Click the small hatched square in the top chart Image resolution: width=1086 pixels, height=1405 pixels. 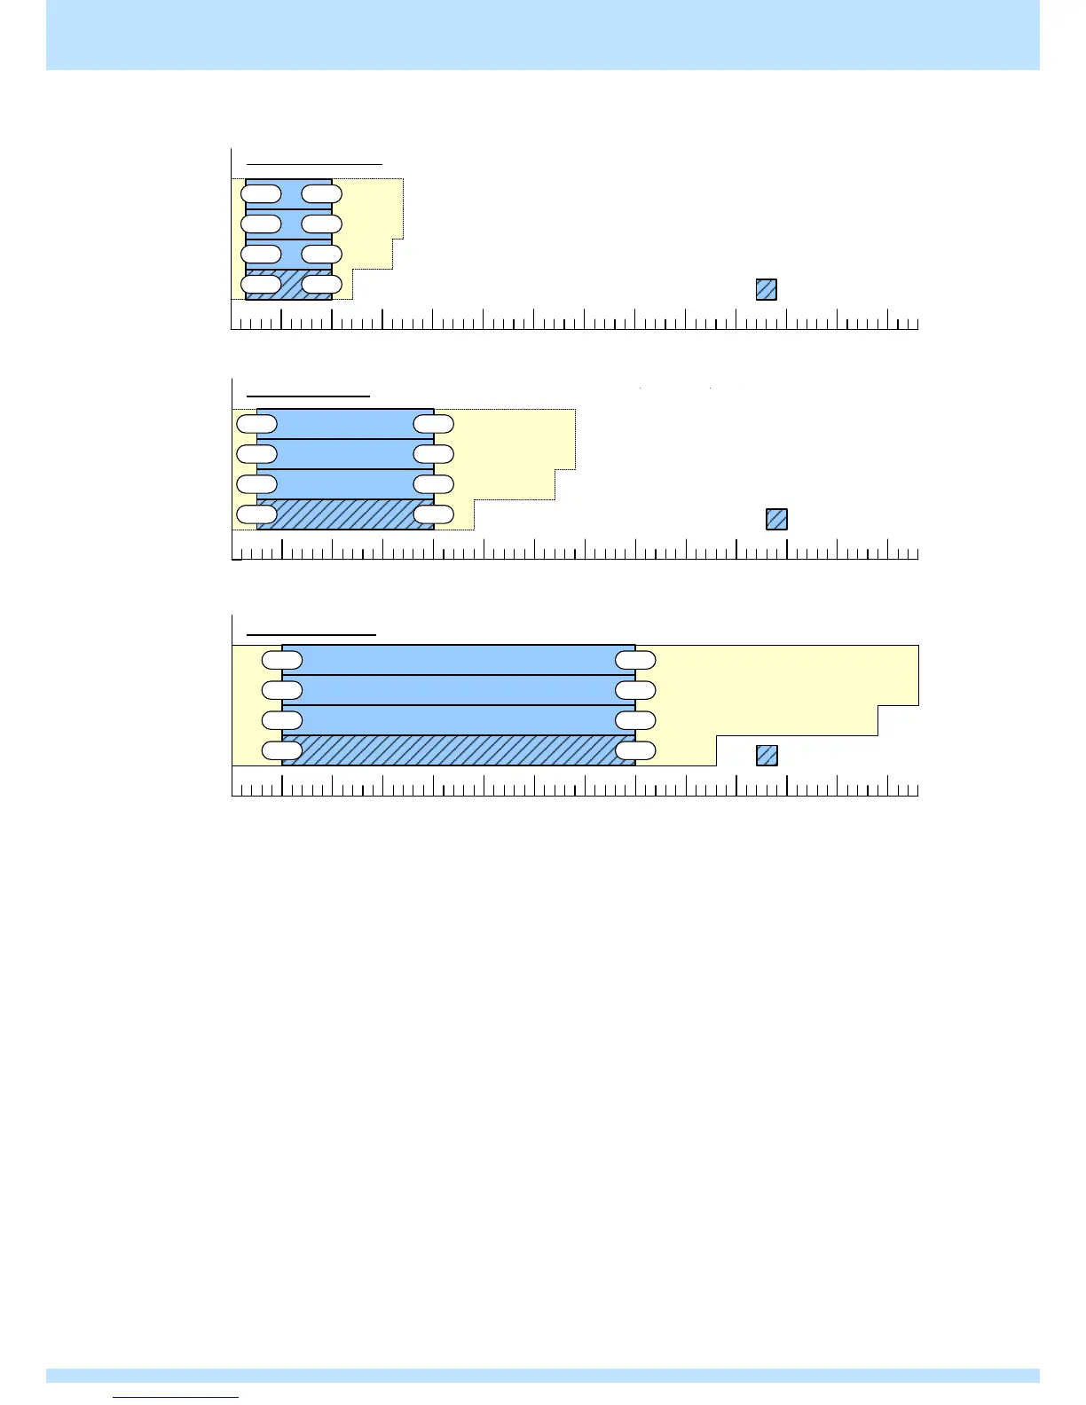click(x=766, y=289)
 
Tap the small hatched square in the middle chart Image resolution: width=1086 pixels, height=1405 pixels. click(x=776, y=519)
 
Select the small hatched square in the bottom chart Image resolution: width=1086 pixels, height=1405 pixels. click(x=767, y=755)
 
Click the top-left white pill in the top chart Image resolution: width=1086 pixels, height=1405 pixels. click(x=261, y=194)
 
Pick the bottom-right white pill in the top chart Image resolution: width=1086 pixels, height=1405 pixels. click(x=321, y=285)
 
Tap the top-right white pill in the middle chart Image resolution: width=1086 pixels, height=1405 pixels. click(x=434, y=424)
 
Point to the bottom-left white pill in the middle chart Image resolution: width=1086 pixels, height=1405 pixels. click(x=257, y=514)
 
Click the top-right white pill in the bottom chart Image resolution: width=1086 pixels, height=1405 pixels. click(x=635, y=660)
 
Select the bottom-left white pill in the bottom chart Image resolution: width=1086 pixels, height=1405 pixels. click(x=282, y=751)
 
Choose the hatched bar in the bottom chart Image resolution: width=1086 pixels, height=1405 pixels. click(x=459, y=750)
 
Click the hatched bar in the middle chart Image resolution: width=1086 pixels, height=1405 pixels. click(x=345, y=514)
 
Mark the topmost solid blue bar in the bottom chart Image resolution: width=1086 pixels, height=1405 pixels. click(x=459, y=660)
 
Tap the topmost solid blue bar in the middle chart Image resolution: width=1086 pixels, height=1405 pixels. click(x=345, y=424)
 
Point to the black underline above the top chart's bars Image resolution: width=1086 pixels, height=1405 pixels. click(x=314, y=164)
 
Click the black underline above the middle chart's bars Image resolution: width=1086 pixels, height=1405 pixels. click(x=308, y=396)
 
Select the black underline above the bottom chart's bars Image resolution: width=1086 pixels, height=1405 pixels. click(x=311, y=635)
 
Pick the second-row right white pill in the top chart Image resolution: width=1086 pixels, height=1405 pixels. click(x=321, y=224)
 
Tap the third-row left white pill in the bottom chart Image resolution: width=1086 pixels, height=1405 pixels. click(x=282, y=720)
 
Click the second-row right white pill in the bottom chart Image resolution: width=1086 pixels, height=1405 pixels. click(x=635, y=690)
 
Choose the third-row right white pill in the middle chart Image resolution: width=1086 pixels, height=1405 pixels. click(x=434, y=484)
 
